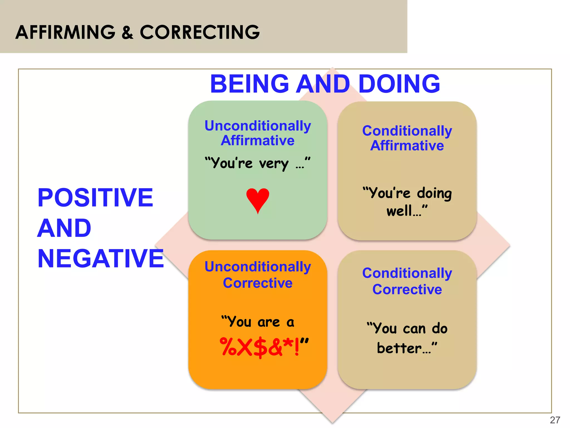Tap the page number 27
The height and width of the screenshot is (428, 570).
point(555,420)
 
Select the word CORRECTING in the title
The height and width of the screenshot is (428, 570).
point(200,32)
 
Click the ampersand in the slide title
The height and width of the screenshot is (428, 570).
point(127,32)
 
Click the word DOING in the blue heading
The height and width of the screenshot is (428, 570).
point(399,84)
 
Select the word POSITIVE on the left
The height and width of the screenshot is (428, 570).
point(95,198)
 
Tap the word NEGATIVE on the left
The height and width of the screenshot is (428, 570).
point(101,259)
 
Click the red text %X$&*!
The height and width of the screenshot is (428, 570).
point(259,347)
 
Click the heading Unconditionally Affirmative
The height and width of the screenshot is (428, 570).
point(258,133)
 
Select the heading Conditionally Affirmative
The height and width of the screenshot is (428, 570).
point(407,138)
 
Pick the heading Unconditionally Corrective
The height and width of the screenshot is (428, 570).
point(258,274)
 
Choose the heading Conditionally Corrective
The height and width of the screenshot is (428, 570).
point(407,281)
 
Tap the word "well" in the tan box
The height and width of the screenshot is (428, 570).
point(399,211)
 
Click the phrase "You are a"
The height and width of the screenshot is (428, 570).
point(258,322)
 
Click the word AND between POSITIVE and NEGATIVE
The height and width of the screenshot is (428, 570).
point(64,228)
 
